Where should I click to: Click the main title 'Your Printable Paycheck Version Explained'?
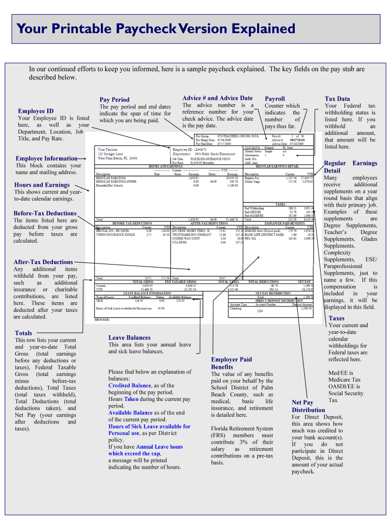[156, 30]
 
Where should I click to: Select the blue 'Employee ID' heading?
[36, 111]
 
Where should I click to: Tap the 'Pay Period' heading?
[115, 100]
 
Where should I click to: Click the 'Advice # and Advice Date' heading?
[217, 98]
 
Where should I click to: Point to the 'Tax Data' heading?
[337, 99]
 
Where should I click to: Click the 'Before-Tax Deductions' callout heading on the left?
[45, 213]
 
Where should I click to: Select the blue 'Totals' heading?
[23, 333]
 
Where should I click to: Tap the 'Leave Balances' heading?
[129, 337]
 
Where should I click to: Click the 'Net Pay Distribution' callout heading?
[308, 406]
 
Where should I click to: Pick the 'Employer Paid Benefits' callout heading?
[231, 363]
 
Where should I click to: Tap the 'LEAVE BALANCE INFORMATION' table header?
[147, 293]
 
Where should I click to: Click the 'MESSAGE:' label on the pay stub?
[103, 320]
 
